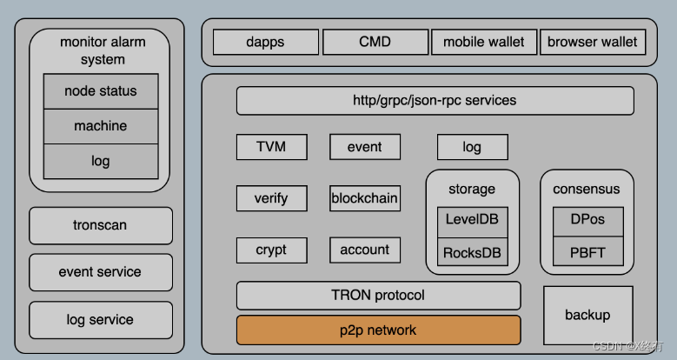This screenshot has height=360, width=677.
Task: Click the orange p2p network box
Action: pos(378,330)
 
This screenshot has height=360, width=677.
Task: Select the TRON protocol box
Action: pos(378,296)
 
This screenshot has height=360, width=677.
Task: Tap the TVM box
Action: pos(271,147)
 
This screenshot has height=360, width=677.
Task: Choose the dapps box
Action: pos(266,42)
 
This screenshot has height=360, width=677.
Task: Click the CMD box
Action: pos(375,42)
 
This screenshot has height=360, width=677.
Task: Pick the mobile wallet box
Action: pos(484,42)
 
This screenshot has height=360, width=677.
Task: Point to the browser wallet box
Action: pos(593,42)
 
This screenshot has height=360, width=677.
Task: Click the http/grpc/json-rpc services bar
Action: pos(435,101)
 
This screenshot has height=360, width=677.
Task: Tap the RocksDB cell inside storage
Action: pos(473,251)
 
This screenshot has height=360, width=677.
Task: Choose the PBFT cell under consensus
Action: pos(588,251)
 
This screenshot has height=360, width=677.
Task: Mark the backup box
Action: pos(588,315)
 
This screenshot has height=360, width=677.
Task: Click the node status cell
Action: pos(101,91)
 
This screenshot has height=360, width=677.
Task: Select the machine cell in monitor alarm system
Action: pos(101,126)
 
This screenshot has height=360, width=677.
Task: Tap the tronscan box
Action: pos(101,225)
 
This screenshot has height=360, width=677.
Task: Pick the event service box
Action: pos(101,272)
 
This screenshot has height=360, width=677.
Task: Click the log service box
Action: pos(101,320)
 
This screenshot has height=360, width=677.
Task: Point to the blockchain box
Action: pos(365,198)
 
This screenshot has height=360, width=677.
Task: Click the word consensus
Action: pos(587,189)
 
